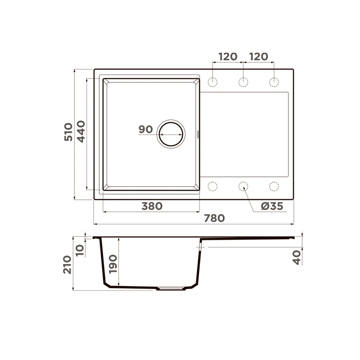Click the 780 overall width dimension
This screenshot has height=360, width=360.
point(214,218)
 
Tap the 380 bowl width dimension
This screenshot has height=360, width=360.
point(152,206)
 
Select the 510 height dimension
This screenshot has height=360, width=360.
point(68,132)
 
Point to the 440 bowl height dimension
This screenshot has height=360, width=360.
point(81,131)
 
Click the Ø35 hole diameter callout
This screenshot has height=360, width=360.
point(272,206)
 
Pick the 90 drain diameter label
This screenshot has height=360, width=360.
point(145,129)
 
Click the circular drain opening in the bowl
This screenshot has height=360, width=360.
point(171,134)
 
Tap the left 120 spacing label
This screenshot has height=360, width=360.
point(228,57)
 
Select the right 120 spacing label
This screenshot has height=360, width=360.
point(258,57)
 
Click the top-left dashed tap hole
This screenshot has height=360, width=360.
point(213,82)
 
